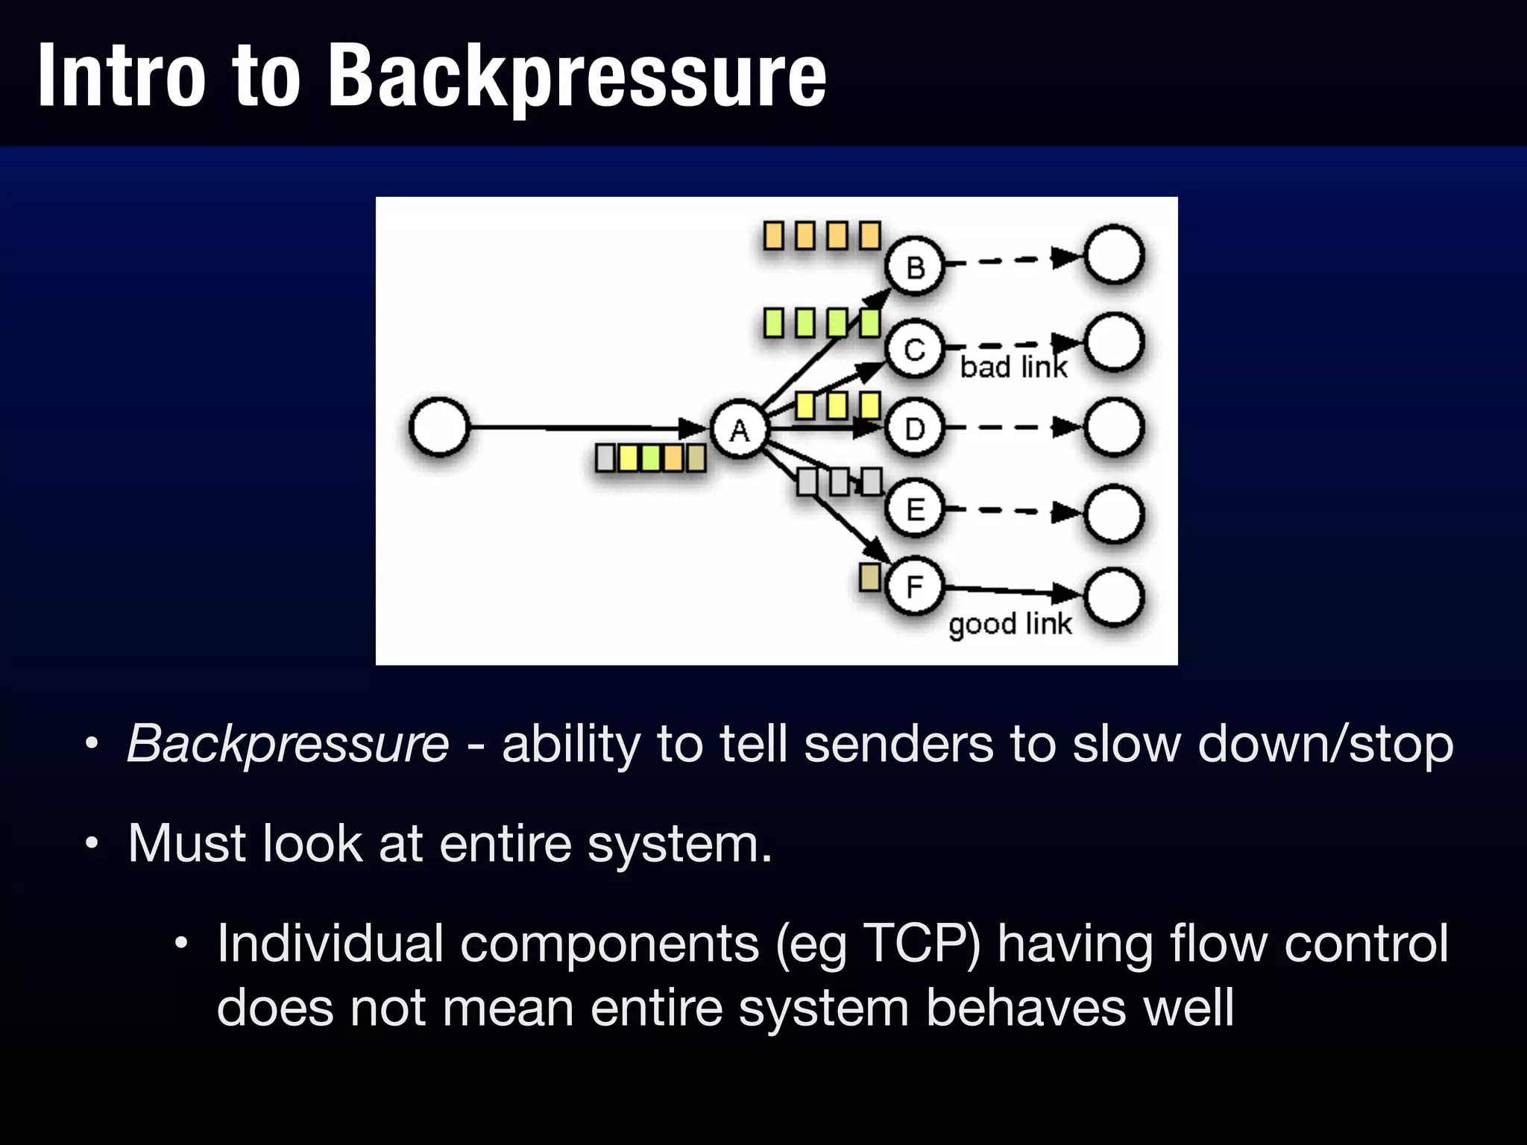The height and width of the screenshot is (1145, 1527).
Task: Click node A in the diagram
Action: pyautogui.click(x=739, y=429)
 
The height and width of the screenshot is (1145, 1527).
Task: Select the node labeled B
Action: pyautogui.click(x=915, y=266)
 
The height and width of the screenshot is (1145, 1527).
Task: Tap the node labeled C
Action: pyautogui.click(x=915, y=349)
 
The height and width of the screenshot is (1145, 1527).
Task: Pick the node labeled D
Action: pyautogui.click(x=915, y=429)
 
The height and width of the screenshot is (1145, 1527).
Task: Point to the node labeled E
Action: pyautogui.click(x=915, y=510)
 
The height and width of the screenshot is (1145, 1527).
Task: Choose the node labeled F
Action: pyautogui.click(x=915, y=587)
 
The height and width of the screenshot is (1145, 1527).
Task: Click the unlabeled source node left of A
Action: pyautogui.click(x=439, y=427)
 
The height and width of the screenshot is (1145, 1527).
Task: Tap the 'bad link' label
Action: pyautogui.click(x=1013, y=368)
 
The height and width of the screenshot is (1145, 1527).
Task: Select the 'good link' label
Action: pyautogui.click(x=1010, y=624)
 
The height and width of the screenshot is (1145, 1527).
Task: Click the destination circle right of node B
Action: pyautogui.click(x=1114, y=255)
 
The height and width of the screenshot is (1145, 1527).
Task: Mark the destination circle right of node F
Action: pyautogui.click(x=1114, y=597)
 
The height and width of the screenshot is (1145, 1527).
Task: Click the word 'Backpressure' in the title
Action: pyautogui.click(x=576, y=76)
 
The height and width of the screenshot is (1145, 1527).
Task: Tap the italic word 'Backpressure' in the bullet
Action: pyautogui.click(x=288, y=744)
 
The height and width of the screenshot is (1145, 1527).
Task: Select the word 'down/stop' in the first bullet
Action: pyautogui.click(x=1325, y=744)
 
